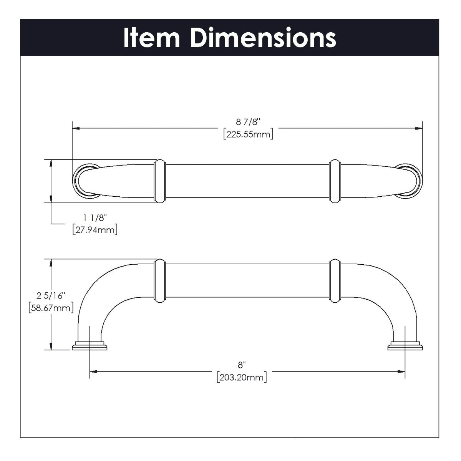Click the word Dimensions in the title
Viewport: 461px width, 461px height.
[264, 38]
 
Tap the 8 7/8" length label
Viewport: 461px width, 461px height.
[248, 122]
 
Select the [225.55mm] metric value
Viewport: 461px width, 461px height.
[248, 135]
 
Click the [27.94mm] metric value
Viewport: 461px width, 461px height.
[95, 230]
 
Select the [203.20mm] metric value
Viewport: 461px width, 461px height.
[241, 377]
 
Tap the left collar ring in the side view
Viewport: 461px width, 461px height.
[159, 280]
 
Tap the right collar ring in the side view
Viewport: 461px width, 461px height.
[335, 280]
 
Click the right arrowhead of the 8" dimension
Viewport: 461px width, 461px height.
[401, 371]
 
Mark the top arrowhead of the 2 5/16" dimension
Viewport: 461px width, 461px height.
[51, 262]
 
